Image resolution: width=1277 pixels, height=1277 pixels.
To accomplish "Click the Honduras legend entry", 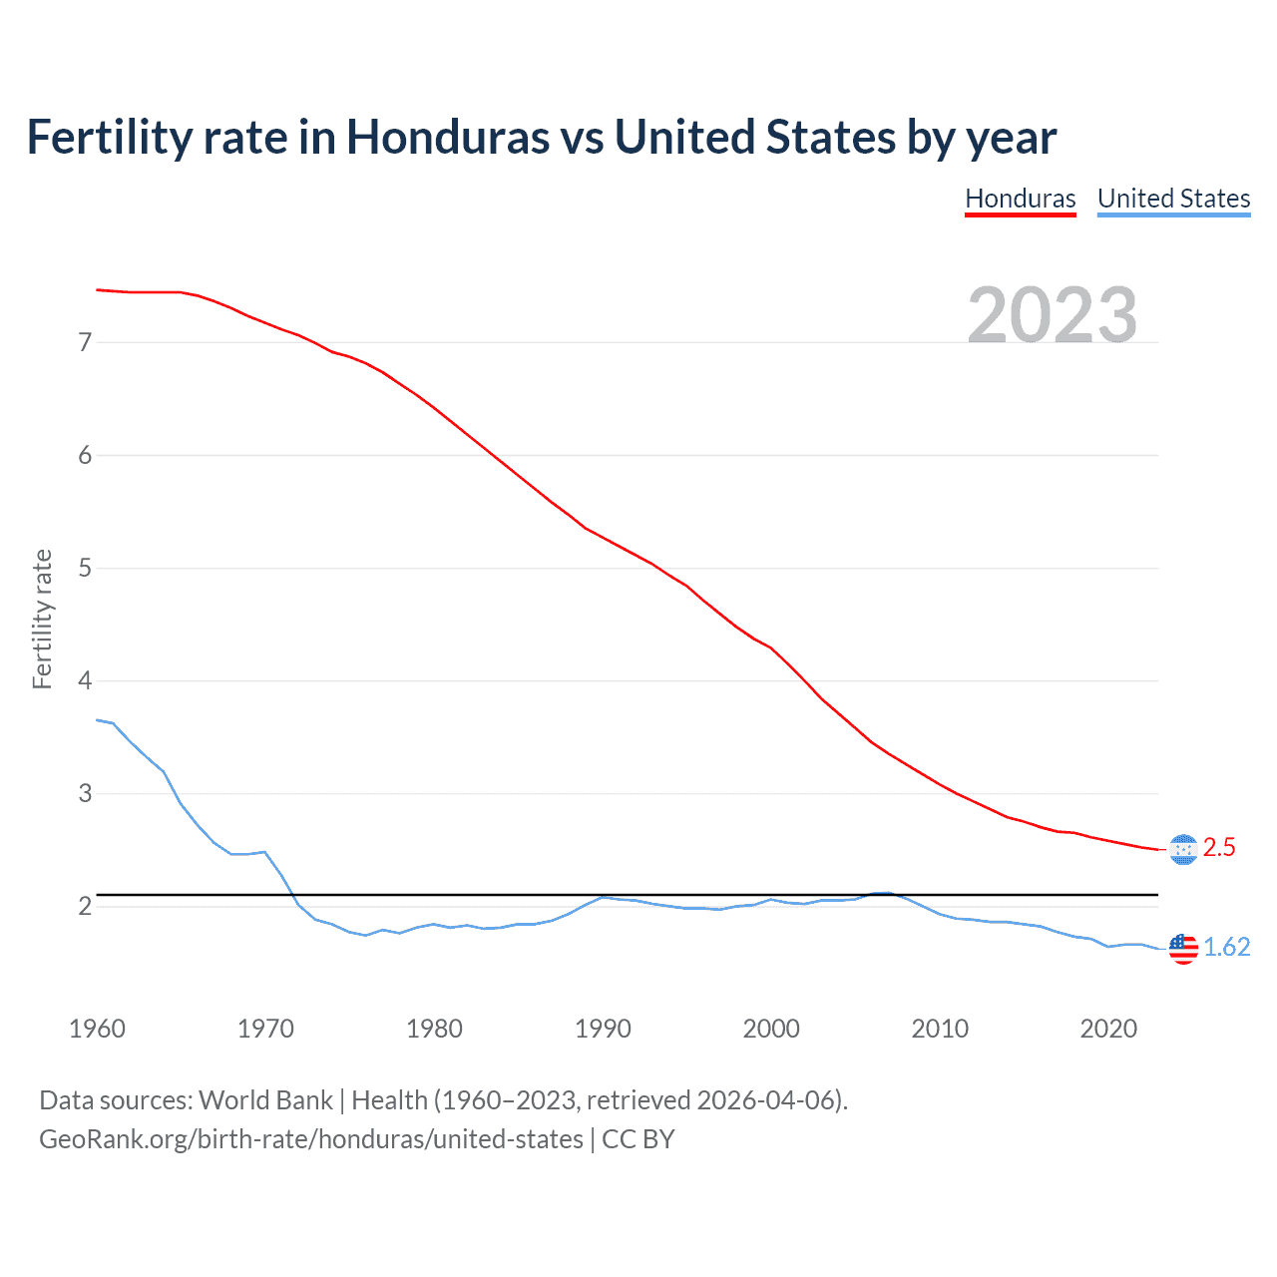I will point(1020,199).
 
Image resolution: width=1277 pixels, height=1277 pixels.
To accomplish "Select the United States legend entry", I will point(1173,199).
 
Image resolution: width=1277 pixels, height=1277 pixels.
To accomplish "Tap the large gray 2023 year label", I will point(1052,314).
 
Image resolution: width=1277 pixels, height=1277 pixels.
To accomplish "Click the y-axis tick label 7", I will point(85,342).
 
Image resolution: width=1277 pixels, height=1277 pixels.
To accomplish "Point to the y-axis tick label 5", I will point(85,569).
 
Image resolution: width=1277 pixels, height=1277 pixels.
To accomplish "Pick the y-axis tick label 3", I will point(85,794).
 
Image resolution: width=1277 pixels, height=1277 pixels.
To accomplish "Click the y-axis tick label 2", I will point(85,907).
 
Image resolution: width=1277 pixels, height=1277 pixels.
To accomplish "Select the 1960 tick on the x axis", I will point(97,1029).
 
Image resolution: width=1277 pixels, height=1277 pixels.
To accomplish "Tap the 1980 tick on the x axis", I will point(434,1029).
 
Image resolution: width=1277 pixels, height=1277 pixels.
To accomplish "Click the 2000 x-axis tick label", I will point(771,1029).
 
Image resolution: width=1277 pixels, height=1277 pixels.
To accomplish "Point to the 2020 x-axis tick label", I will point(1108,1029).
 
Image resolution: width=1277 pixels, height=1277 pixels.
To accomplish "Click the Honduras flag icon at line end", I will point(1182,849).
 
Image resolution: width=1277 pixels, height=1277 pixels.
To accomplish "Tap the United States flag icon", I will point(1182,948).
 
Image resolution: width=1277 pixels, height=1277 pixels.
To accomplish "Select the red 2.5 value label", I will point(1219,848).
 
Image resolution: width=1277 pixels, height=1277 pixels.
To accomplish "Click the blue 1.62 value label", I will point(1226,948).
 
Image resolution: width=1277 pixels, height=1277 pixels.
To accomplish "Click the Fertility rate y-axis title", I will point(42,619).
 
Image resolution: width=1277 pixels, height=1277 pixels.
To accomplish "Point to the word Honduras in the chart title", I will point(448,138).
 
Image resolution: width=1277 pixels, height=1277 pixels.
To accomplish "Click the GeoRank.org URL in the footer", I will point(310,1139).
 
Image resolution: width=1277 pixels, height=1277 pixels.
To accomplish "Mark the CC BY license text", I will point(638,1139).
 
